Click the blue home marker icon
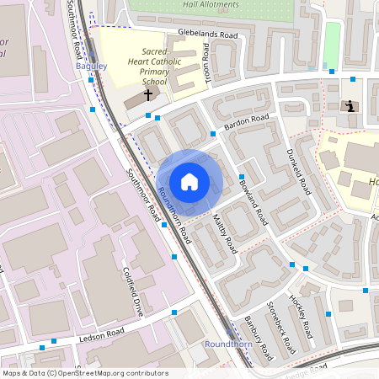[x=189, y=182]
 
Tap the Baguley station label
[x=92, y=66]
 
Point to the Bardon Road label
[x=245, y=122]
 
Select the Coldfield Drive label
[x=134, y=291]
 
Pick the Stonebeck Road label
[x=282, y=325]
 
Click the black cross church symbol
[x=148, y=95]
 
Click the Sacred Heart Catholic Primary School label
[x=156, y=67]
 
